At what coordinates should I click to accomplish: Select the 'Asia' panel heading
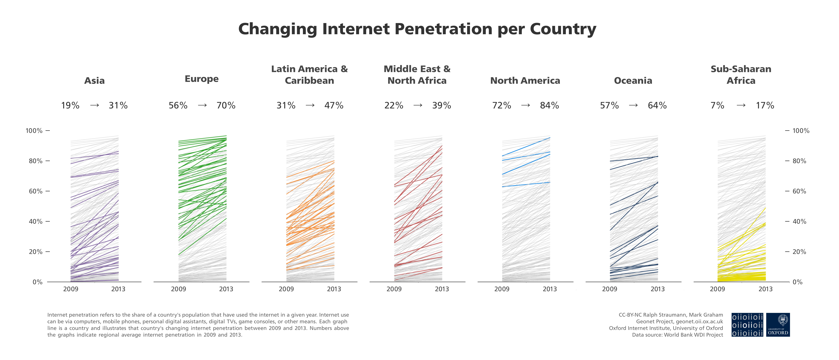coord(94,80)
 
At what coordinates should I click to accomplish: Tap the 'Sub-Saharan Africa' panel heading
coord(741,75)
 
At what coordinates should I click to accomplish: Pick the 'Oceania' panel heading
coord(633,80)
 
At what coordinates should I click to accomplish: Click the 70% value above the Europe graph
coord(226,106)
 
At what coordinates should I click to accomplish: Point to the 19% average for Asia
coord(70,106)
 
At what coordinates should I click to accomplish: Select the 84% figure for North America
coord(549,106)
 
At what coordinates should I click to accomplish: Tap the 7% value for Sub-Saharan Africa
coord(717,106)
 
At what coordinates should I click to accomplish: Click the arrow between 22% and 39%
coord(418,105)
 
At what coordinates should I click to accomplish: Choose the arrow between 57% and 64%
coord(633,105)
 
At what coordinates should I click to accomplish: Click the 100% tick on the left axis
coord(34,131)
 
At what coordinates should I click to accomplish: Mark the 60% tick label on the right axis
coord(799,191)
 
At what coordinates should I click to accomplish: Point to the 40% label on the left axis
coord(35,222)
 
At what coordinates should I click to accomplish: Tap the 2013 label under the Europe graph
coord(226,289)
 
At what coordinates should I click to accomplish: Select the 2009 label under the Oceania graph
coord(609,289)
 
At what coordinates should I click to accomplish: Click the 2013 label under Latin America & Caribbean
coord(334,289)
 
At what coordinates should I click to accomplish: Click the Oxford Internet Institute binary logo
coord(747,325)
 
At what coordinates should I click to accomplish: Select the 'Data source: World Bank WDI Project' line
coord(677,335)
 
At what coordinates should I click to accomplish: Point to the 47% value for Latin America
coord(334,106)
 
